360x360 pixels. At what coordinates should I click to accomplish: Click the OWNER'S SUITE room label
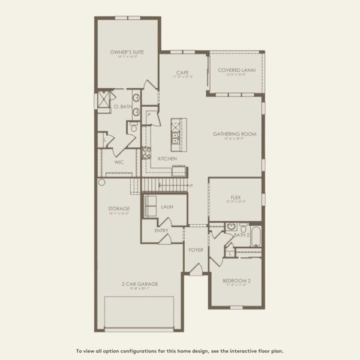[x=127, y=53]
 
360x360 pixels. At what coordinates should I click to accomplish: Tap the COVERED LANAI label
[x=236, y=70]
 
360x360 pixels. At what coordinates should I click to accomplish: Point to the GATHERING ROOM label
[x=235, y=134]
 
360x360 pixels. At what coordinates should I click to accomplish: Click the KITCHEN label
[x=167, y=158]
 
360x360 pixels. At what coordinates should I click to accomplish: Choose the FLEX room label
[x=235, y=197]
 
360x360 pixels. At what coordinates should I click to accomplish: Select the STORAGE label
[x=119, y=209]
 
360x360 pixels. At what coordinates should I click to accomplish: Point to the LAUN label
[x=167, y=207]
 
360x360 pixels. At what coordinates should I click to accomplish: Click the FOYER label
[x=196, y=250]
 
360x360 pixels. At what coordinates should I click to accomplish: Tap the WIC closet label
[x=119, y=162]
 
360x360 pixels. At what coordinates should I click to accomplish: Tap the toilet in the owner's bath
[x=133, y=128]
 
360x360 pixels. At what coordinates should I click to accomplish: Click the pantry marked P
[x=149, y=115]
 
